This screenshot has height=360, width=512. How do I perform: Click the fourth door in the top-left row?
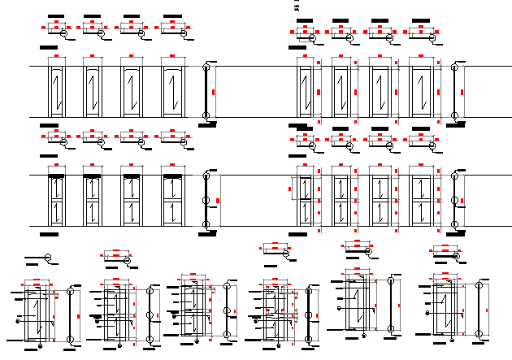(x=173, y=89)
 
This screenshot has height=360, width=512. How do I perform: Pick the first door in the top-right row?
(x=305, y=89)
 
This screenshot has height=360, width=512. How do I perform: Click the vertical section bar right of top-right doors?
(x=455, y=91)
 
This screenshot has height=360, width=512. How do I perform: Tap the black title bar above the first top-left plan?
(x=55, y=15)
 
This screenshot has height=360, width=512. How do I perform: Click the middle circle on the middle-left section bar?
(x=206, y=198)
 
